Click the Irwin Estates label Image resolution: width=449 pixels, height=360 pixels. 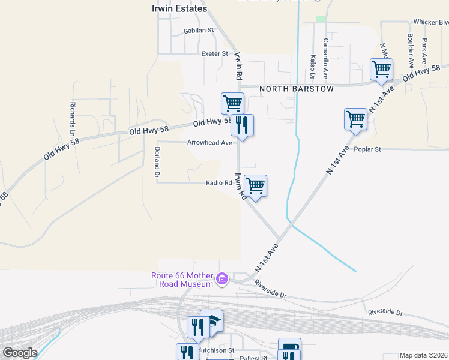[x=178, y=9]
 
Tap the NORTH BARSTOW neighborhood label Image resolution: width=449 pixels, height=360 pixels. [x=296, y=89]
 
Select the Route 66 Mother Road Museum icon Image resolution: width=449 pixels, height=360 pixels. [x=222, y=279]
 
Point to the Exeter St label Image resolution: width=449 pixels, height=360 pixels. [x=215, y=53]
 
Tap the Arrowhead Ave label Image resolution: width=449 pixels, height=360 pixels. [x=209, y=143]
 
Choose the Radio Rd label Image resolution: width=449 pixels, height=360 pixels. [x=218, y=183]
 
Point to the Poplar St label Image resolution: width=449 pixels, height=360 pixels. [x=367, y=149]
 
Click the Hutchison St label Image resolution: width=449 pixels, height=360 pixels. [x=216, y=349]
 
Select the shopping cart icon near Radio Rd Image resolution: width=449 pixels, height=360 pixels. [x=256, y=185]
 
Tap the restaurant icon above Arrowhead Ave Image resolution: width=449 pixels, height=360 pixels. [x=242, y=124]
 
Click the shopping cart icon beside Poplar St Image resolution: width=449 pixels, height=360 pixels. [x=355, y=118]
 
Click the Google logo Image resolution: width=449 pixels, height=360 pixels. [x=20, y=353]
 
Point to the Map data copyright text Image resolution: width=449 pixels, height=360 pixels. [x=424, y=355]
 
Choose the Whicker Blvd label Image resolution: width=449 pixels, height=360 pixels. [x=431, y=22]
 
